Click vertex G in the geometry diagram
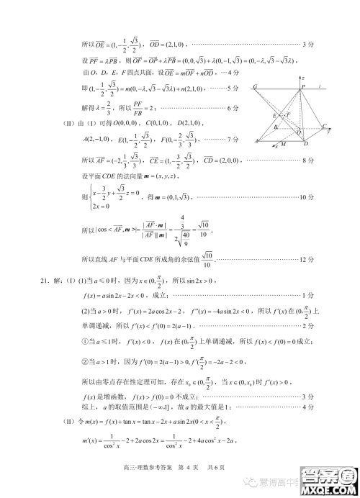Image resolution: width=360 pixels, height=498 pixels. pos(256,87)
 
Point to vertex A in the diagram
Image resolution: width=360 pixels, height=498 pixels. pos(256,142)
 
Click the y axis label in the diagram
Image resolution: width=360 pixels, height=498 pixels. pos(328,132)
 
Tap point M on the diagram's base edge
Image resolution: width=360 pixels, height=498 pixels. pos(283,145)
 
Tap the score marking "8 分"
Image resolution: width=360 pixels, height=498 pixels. pos(307,159)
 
